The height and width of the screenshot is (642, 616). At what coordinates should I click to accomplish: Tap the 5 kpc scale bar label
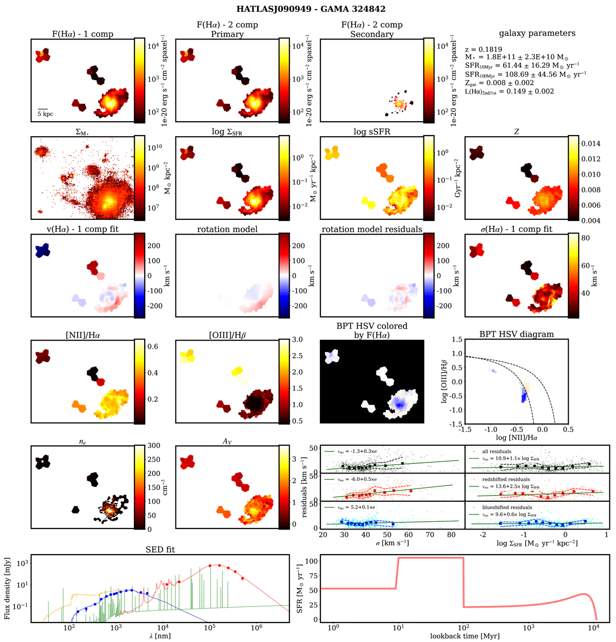coord(45,114)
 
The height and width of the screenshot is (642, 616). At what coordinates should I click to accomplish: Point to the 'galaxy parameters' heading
coord(537,33)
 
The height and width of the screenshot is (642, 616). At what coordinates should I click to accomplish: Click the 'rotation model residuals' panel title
coord(372,229)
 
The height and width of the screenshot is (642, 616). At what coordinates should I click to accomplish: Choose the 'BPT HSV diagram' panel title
coord(516,334)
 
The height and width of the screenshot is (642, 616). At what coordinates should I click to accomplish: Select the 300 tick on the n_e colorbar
coord(155,446)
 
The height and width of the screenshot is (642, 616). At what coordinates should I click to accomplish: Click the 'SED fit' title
coord(161,550)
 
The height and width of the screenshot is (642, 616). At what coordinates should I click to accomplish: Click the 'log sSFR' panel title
coord(372,131)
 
